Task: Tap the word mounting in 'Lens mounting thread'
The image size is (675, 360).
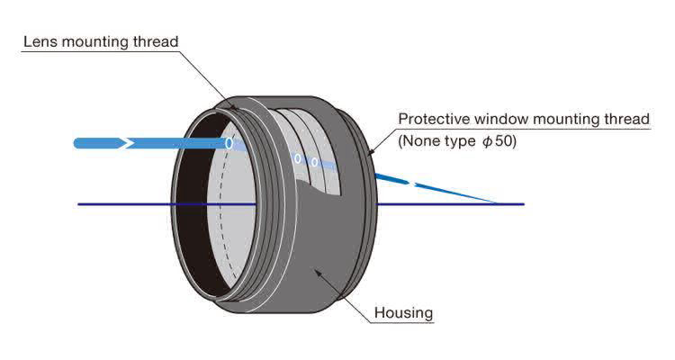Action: [94, 41]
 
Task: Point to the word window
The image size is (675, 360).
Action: [496, 119]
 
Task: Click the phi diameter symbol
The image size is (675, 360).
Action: [487, 141]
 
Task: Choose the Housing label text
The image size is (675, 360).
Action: [403, 313]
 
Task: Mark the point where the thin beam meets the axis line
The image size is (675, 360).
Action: [498, 204]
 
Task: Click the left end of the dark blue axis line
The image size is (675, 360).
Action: [79, 204]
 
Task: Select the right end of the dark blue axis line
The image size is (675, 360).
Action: [523, 204]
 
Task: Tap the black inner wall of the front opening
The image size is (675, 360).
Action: [185, 216]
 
